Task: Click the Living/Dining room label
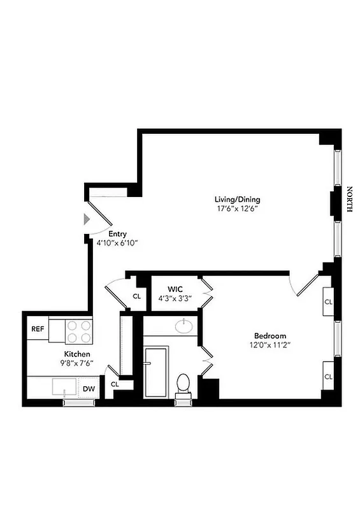point(237,199)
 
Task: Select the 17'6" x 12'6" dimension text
point(237,208)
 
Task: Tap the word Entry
point(117,233)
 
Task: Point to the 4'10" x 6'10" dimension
point(117,243)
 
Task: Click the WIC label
point(176,289)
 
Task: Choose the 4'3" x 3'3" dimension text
point(176,298)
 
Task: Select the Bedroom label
point(270,336)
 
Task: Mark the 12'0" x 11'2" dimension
point(270,345)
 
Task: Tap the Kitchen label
point(76,354)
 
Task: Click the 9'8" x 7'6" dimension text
point(76,363)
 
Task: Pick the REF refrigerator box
point(38,330)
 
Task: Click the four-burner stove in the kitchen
point(79,331)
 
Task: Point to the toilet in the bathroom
point(184,384)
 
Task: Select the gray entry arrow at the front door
point(87,219)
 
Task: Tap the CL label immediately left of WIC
point(136,296)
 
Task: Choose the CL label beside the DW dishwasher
point(115,384)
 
